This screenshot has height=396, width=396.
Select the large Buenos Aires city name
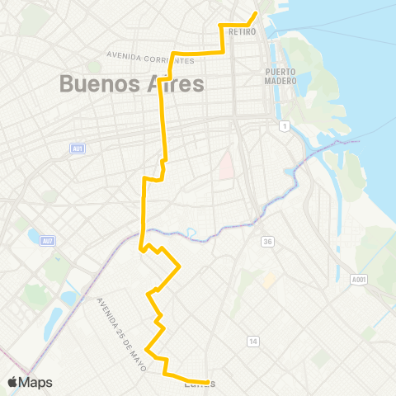[132, 84]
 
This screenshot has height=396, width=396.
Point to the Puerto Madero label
[280, 75]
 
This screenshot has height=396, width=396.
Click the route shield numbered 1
[284, 125]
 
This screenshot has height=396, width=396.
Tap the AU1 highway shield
[76, 148]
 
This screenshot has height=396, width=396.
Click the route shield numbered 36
[267, 241]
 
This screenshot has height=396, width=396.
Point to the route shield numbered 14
[253, 341]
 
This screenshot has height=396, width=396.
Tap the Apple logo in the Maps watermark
[13, 382]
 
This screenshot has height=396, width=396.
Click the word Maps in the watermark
[37, 382]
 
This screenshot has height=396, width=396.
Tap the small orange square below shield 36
[268, 280]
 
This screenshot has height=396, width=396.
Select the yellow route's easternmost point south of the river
[180, 266]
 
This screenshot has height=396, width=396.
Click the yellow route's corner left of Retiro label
[220, 26]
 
